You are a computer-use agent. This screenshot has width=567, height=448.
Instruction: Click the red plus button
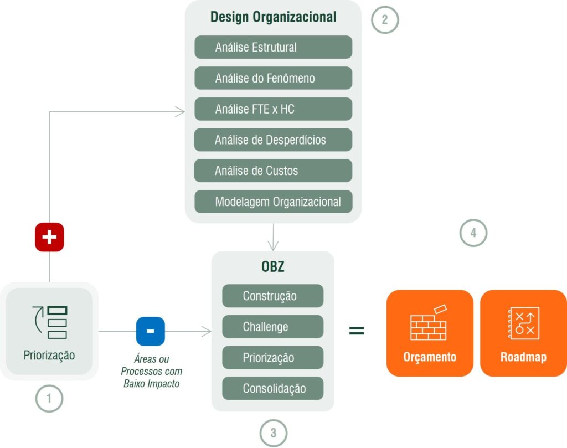[49, 237]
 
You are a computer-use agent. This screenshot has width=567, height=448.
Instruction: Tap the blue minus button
[150, 331]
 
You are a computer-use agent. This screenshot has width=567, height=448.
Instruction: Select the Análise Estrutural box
[273, 48]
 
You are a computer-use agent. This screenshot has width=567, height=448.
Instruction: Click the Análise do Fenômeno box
[273, 78]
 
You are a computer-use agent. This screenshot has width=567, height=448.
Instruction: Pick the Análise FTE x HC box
[273, 109]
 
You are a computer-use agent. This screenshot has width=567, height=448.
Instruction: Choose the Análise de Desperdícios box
[273, 140]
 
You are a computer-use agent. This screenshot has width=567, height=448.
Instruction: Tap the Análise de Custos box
[273, 171]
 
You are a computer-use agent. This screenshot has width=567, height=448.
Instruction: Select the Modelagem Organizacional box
[273, 202]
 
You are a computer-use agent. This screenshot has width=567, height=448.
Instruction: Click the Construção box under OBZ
[272, 296]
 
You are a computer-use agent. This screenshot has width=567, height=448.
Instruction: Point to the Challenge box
[272, 327]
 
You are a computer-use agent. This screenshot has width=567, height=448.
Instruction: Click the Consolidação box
[272, 388]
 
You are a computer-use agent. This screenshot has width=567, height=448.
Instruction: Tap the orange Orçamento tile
[430, 333]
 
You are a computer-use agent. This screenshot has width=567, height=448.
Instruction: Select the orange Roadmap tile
[523, 333]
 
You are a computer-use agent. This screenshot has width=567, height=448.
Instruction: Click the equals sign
[357, 331]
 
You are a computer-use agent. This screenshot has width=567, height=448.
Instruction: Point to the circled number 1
[49, 398]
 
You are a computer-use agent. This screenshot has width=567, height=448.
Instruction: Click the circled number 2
[385, 20]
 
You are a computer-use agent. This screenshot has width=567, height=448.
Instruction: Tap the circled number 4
[473, 233]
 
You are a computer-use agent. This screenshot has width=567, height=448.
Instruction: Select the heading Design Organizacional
[273, 17]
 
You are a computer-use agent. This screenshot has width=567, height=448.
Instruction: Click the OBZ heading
[272, 266]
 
